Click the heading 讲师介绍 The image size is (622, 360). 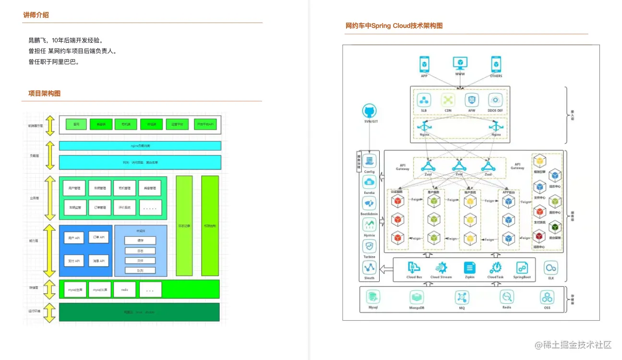[x=36, y=15]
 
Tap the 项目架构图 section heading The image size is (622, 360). [x=44, y=93]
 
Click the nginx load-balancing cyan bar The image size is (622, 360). [x=140, y=145]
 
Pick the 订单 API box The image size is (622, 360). [x=99, y=237]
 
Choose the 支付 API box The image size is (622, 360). [x=74, y=261]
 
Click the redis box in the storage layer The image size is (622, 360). [x=124, y=290]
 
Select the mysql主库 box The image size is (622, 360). [x=75, y=290]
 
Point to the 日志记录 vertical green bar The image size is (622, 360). [x=184, y=226]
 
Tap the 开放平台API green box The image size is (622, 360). [x=205, y=124]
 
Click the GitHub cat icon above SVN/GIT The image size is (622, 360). [x=369, y=111]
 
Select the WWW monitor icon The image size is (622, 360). [x=460, y=64]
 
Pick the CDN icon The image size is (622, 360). [x=448, y=100]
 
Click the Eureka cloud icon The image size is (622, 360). [x=369, y=181]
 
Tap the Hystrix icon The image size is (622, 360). [x=369, y=224]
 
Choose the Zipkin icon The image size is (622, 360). [x=469, y=268]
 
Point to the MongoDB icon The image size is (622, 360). [x=416, y=297]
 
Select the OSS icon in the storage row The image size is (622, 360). [x=547, y=297]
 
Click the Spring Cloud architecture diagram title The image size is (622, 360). [x=394, y=25]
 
